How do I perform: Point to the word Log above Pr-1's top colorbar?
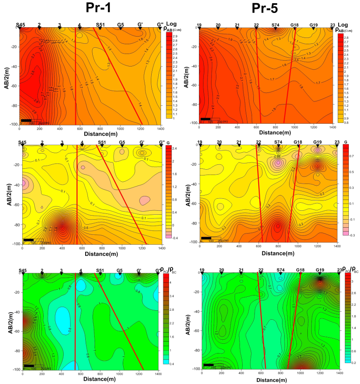pyautogui.click(x=172, y=23)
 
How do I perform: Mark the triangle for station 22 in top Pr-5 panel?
pyautogui.click(x=256, y=28)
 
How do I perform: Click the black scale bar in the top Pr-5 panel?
pyautogui.click(x=206, y=119)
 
